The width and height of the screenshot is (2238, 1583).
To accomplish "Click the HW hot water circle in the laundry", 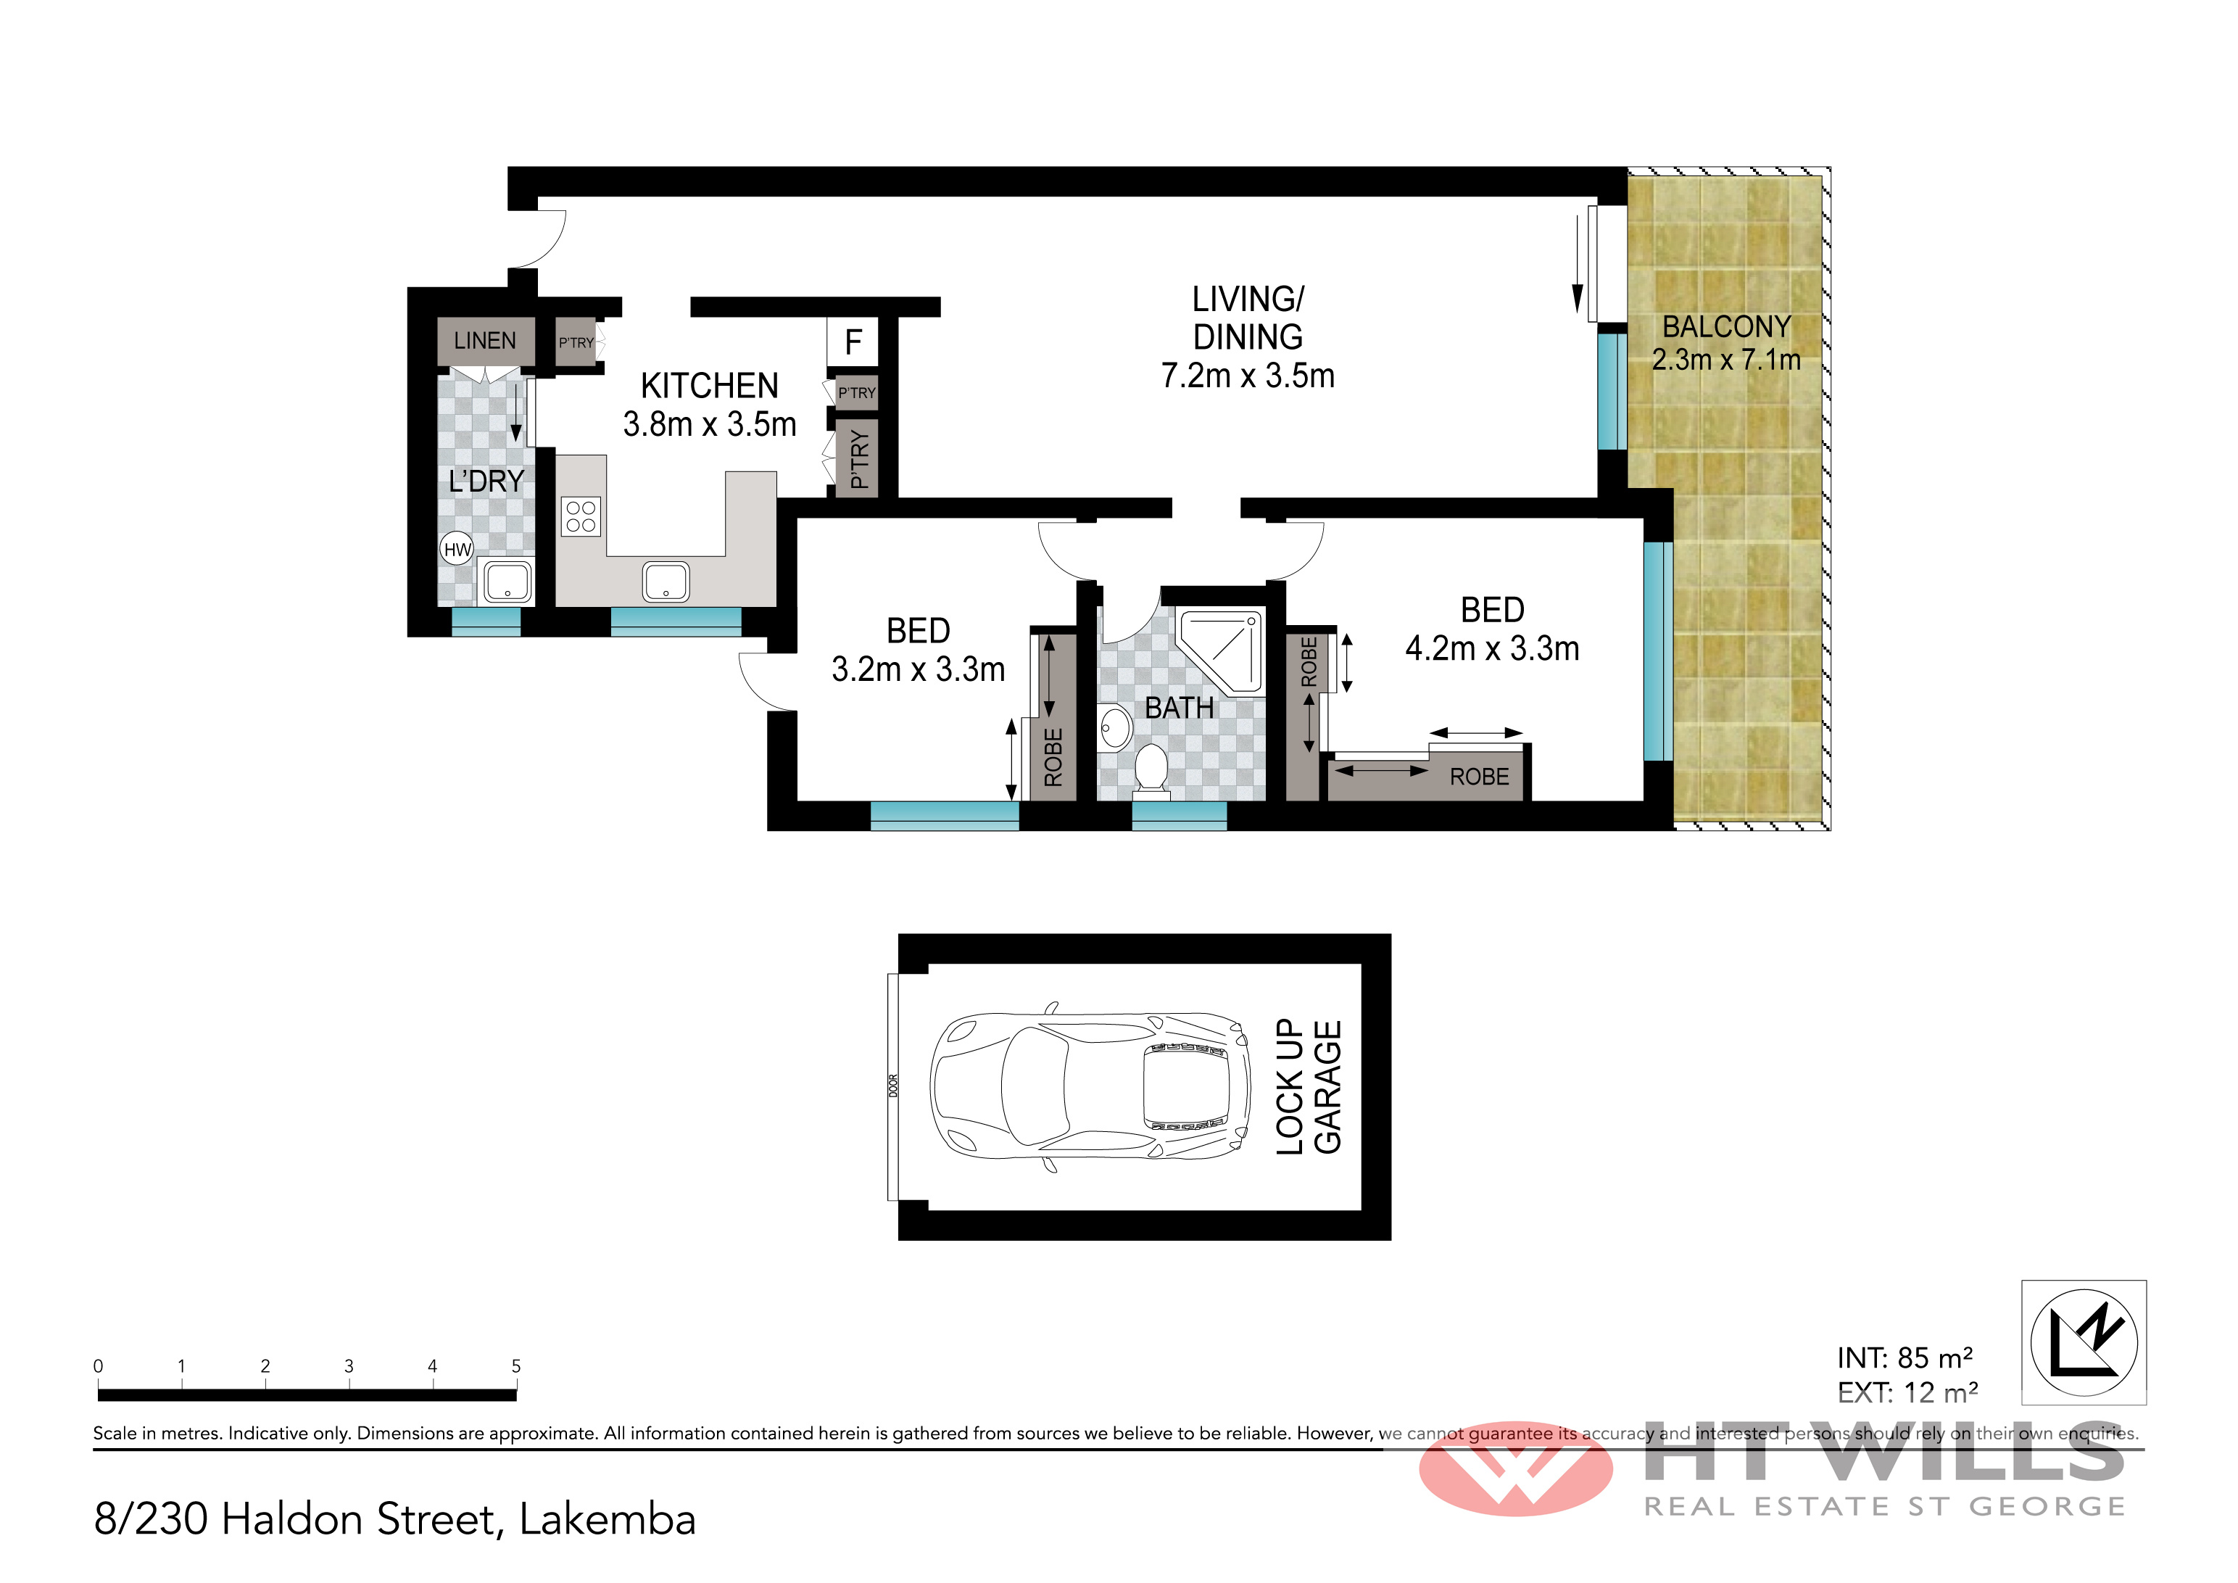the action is click(457, 549).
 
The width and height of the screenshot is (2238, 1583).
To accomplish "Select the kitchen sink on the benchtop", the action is click(666, 582).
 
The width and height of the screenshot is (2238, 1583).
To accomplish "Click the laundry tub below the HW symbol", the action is click(507, 582).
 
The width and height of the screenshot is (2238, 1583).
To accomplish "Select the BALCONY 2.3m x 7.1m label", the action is click(1726, 343).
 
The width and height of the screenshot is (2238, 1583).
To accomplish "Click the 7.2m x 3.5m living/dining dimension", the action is click(1248, 376).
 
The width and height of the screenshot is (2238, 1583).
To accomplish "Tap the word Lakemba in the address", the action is click(608, 1520).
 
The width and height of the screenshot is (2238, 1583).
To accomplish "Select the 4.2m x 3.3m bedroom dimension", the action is click(1491, 648).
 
